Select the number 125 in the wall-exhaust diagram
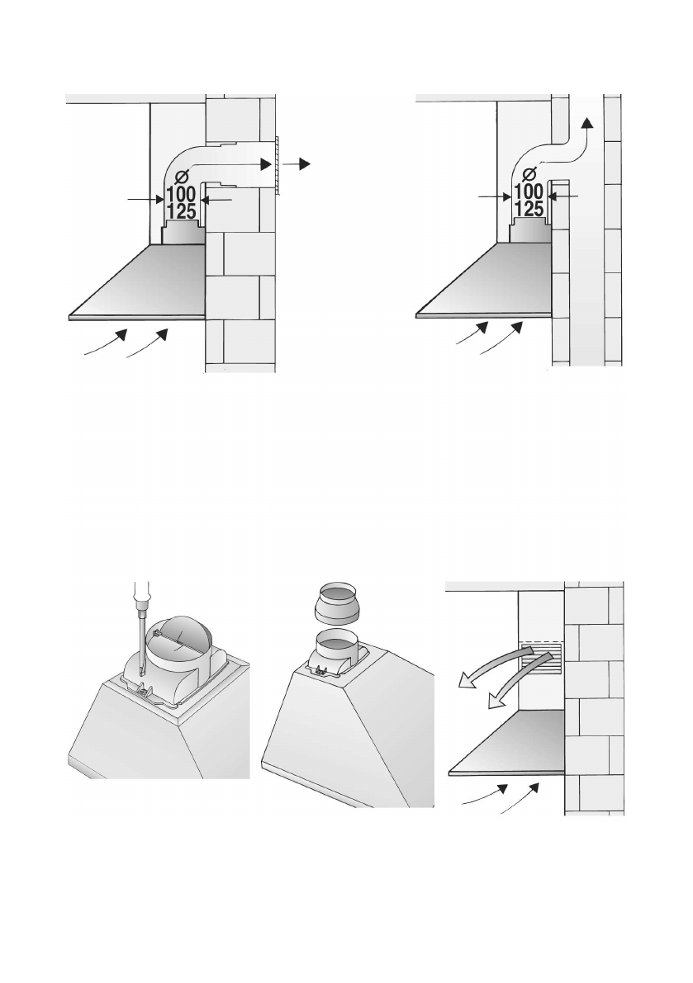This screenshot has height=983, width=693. (182, 211)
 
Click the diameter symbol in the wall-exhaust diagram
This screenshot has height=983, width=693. (182, 176)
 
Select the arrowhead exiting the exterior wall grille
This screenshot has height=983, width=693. (305, 163)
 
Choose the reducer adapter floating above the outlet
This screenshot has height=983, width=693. (341, 604)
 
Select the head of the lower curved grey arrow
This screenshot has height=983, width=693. (496, 700)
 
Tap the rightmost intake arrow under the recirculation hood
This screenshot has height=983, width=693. (520, 797)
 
